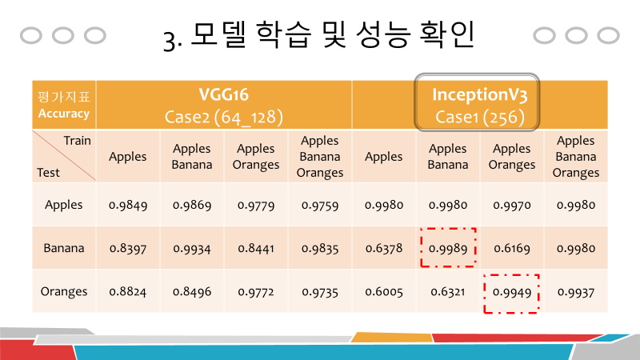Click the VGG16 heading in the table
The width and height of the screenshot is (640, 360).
tap(223, 94)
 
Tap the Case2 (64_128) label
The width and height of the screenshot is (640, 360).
tap(223, 117)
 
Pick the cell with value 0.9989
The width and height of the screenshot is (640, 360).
tap(448, 248)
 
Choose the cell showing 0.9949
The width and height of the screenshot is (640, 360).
tap(512, 292)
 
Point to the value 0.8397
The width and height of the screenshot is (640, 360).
tap(128, 248)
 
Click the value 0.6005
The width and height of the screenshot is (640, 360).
tap(384, 292)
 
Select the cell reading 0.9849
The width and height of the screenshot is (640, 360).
tap(128, 205)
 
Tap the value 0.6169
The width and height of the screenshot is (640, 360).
tap(512, 248)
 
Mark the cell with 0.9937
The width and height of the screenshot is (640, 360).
tap(576, 292)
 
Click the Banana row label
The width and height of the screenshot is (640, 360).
tap(64, 248)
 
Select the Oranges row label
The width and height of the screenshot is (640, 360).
tap(64, 292)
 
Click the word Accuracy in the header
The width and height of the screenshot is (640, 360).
tap(64, 114)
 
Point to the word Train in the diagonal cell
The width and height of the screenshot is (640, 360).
tap(77, 140)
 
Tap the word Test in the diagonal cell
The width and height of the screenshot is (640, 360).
tap(48, 172)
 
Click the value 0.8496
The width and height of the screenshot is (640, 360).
tap(192, 292)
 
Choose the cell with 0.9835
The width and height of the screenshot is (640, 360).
tap(320, 248)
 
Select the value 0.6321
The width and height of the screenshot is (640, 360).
tap(448, 292)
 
